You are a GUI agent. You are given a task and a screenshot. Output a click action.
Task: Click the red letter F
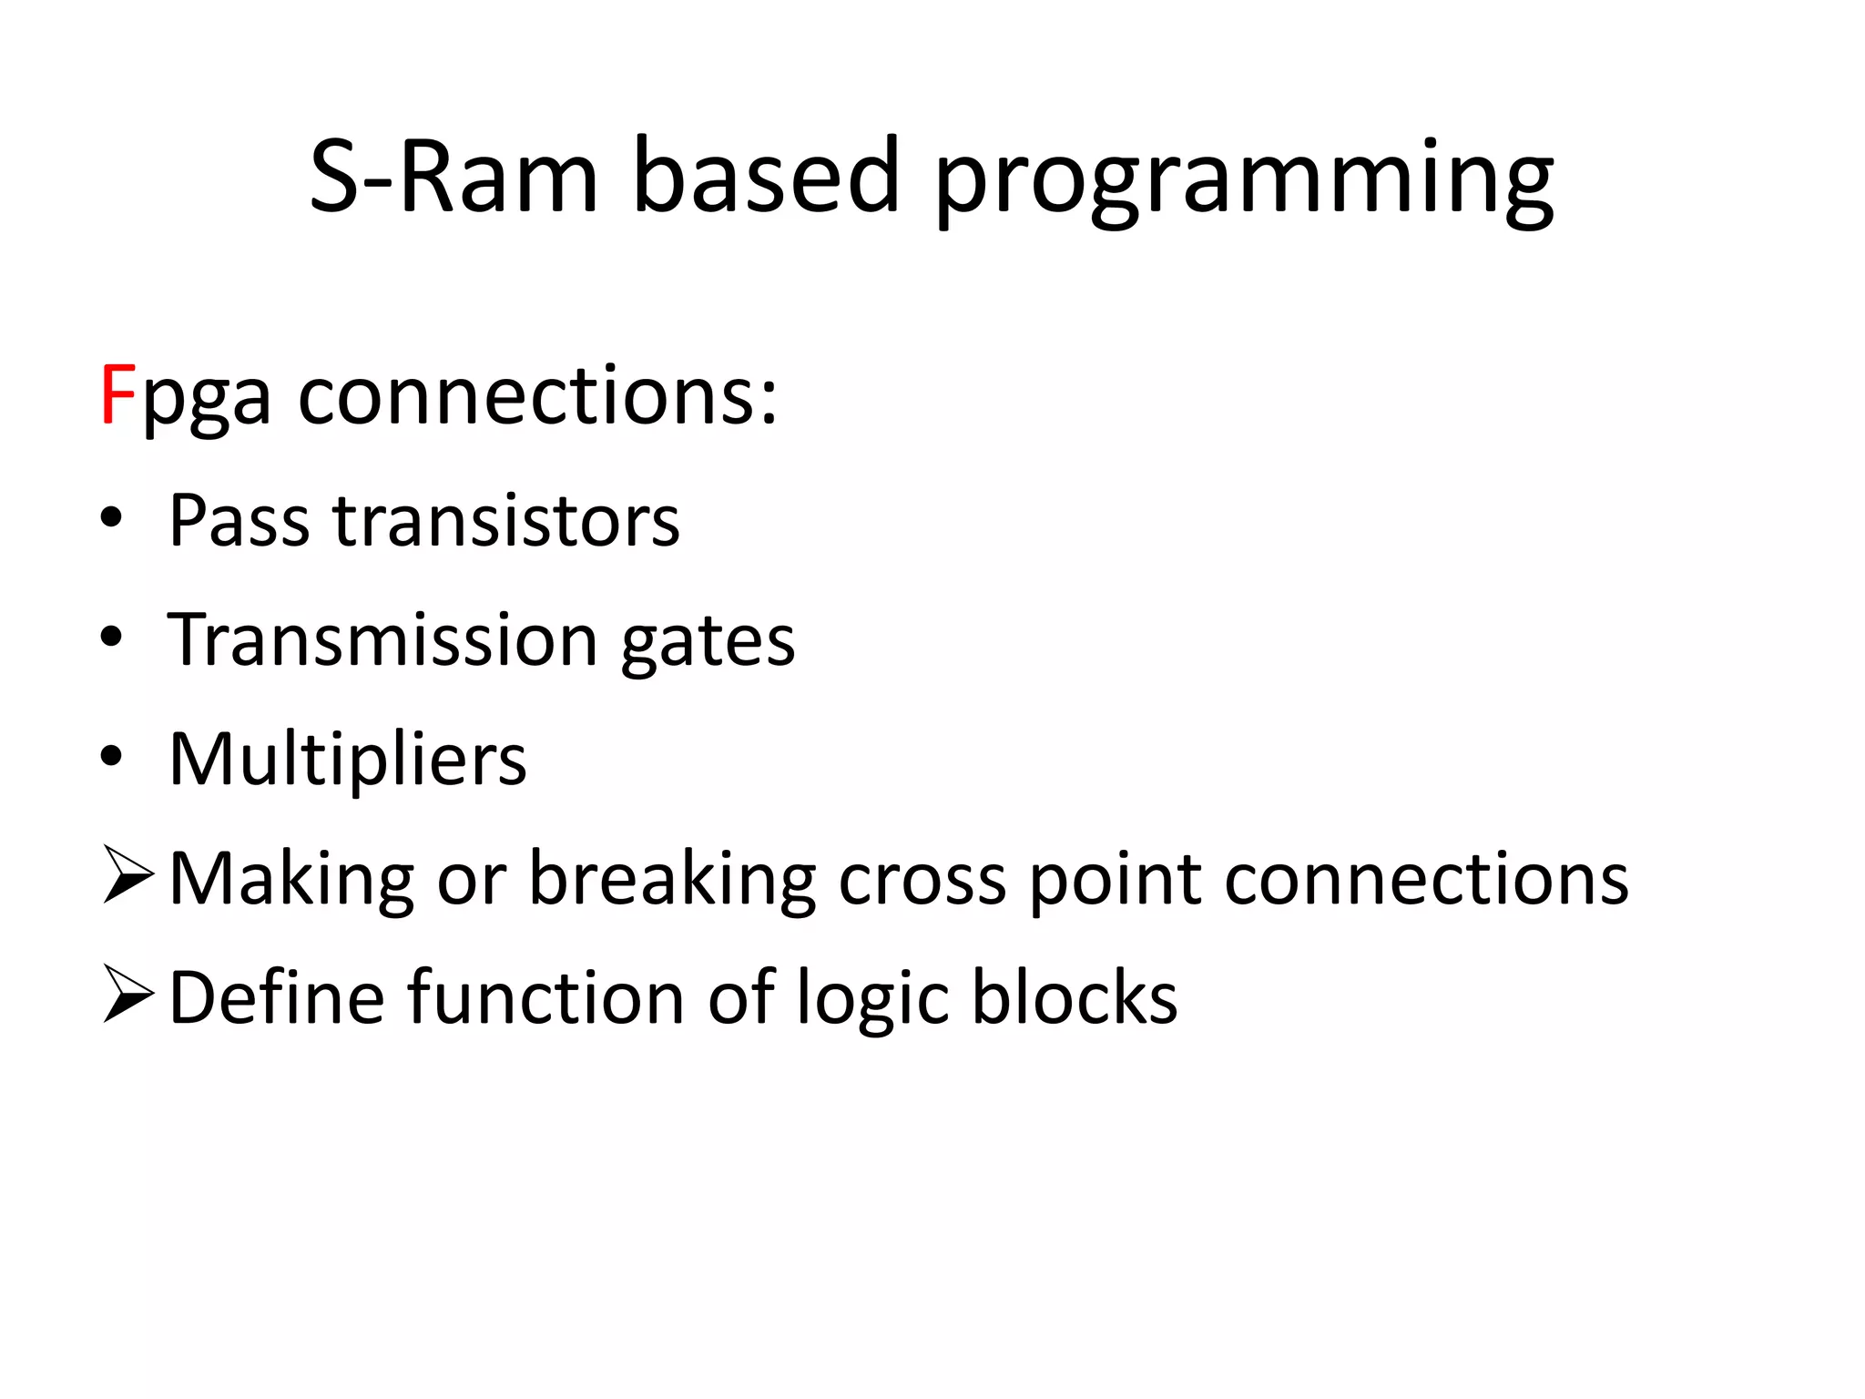click(118, 394)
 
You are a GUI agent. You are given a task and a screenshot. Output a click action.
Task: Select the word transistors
click(506, 520)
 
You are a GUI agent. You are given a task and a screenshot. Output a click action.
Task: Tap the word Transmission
click(382, 639)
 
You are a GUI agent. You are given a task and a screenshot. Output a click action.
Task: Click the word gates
click(708, 643)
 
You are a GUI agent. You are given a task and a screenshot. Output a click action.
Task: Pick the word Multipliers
click(348, 759)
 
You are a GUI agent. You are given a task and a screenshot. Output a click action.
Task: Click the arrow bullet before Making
click(127, 875)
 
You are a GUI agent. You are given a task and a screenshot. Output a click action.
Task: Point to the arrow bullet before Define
click(127, 995)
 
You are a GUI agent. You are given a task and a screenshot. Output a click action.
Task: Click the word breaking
click(672, 880)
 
